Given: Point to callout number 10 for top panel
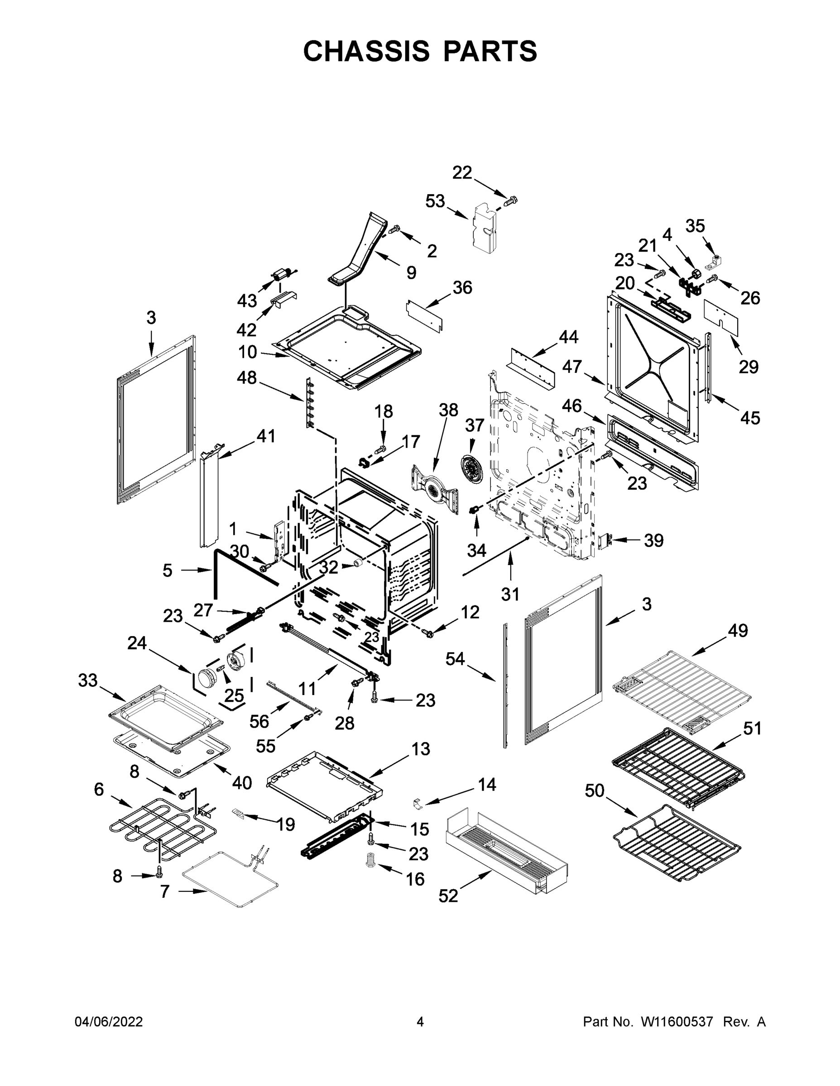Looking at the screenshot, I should pyautogui.click(x=247, y=352).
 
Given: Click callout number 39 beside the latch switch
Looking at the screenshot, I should pyautogui.click(x=653, y=540).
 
